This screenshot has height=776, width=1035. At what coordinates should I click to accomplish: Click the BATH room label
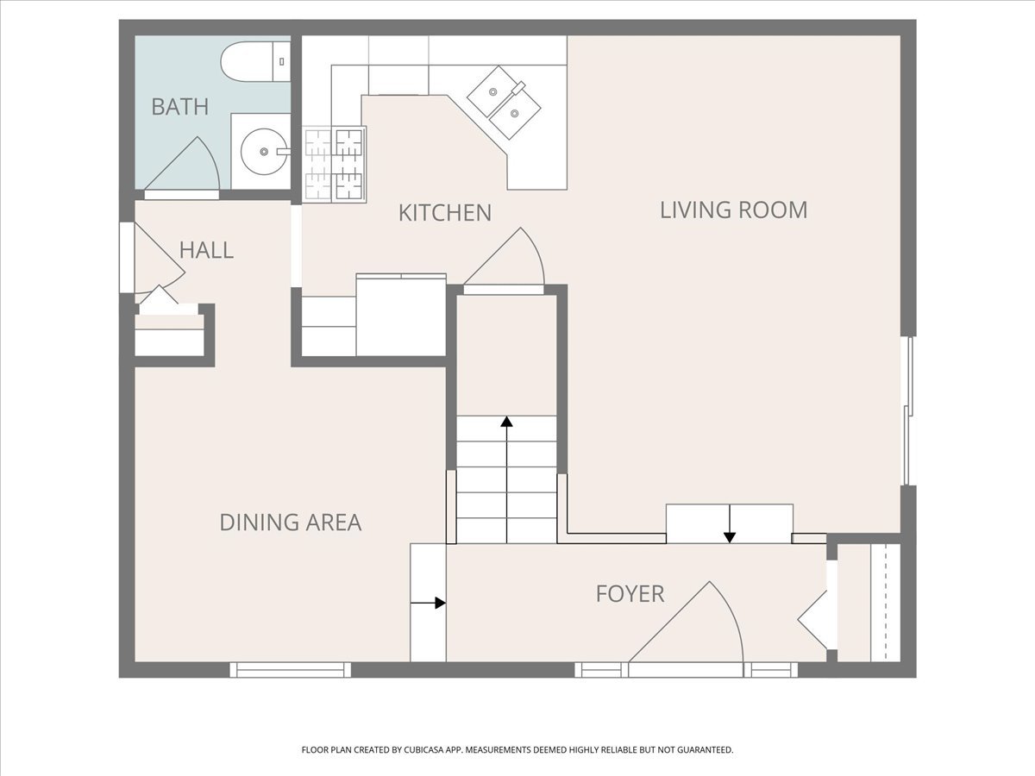pos(180,107)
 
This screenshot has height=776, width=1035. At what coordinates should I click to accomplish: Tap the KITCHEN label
pos(445,213)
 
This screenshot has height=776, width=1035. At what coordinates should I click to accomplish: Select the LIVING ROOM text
pos(733,210)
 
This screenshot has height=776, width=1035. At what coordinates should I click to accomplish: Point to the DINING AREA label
pos(291,523)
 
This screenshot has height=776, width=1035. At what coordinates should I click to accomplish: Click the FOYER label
pos(630,594)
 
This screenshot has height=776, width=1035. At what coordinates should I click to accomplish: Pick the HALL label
pos(206,250)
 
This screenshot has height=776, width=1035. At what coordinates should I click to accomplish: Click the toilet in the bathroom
pos(255,62)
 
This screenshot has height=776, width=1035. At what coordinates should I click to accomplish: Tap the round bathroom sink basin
pos(264,152)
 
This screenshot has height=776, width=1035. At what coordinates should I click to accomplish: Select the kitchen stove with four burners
pos(335,165)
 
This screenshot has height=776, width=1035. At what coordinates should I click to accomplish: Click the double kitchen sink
pos(504,103)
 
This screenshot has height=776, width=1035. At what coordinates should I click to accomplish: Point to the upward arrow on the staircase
pos(506,479)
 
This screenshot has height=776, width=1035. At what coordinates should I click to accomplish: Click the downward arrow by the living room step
pos(730,523)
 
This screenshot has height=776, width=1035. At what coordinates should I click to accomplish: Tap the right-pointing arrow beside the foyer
pos(428,603)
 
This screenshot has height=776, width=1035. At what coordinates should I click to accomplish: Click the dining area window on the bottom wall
pos(291,670)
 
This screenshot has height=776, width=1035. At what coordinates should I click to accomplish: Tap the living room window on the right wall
pos(907,410)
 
